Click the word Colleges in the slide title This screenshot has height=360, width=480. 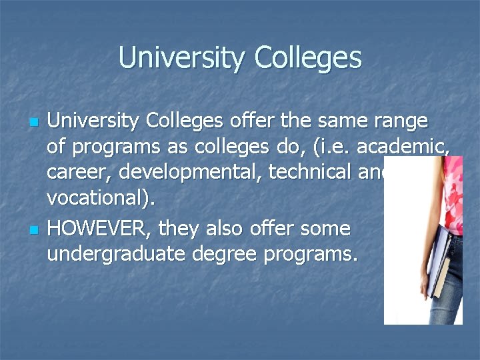coord(307,57)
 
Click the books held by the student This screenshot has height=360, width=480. coord(442,260)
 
